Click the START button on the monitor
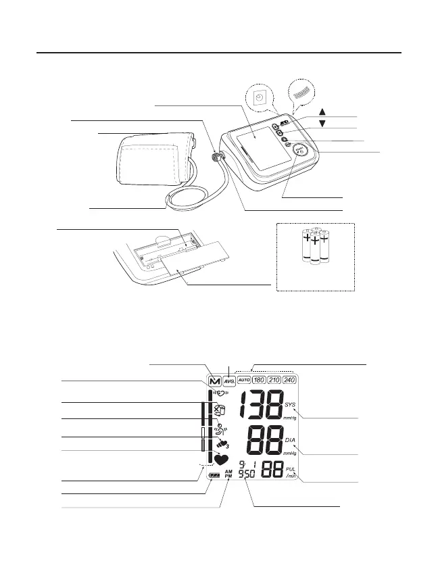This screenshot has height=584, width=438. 302,153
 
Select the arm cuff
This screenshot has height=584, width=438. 153,160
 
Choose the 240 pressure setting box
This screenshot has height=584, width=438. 290,380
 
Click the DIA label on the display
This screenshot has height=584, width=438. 291,439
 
